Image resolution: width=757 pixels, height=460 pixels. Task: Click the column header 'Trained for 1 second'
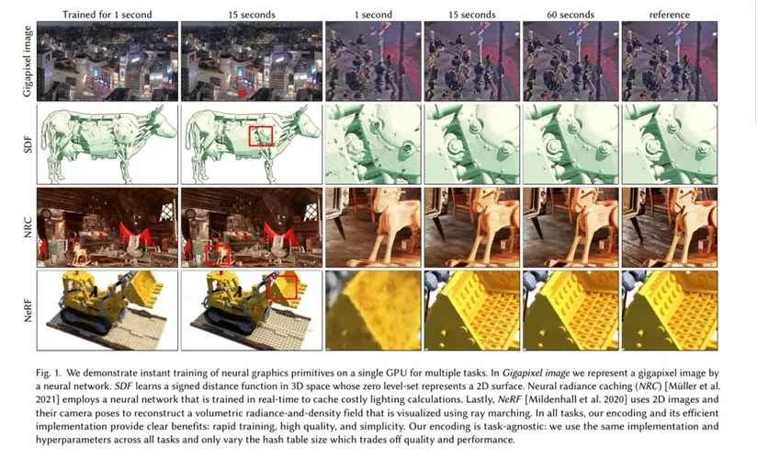[107, 15]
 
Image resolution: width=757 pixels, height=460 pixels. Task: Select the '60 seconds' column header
[571, 15]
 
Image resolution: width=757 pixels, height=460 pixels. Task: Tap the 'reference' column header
[669, 15]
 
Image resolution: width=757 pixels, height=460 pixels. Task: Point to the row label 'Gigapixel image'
[28, 61]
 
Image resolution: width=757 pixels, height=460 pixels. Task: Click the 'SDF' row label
[28, 144]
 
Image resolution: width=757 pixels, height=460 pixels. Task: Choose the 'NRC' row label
[28, 228]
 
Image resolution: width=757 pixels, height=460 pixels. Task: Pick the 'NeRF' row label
[28, 311]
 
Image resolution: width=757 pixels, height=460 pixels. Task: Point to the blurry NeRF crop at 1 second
[373, 311]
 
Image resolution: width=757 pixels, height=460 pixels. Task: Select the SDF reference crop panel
[669, 144]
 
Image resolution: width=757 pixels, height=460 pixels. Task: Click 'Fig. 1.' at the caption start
[49, 373]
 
